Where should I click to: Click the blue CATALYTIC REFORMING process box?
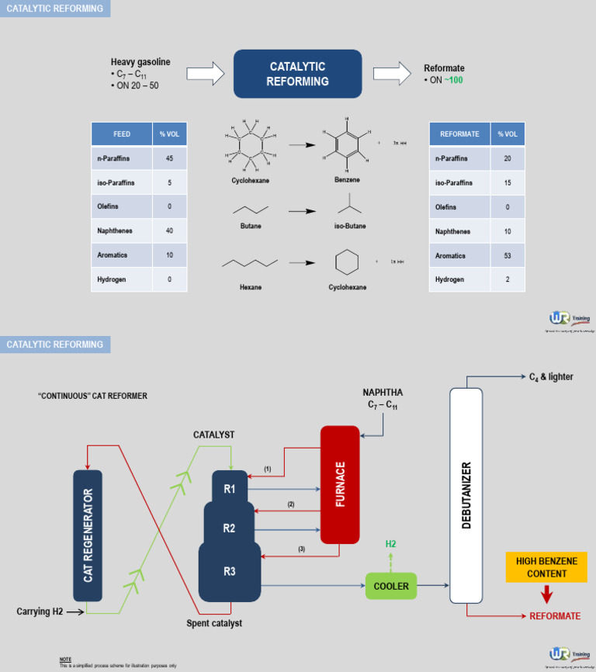(x=297, y=74)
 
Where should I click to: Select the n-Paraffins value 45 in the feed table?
(x=169, y=158)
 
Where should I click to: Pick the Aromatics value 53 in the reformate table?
(x=508, y=255)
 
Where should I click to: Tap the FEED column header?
(x=122, y=134)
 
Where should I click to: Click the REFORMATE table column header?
(x=459, y=134)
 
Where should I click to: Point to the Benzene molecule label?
(x=347, y=179)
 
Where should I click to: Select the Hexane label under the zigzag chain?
(x=251, y=287)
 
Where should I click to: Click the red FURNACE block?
(x=340, y=484)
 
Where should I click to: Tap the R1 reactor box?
(x=230, y=488)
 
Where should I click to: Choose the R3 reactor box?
(x=230, y=572)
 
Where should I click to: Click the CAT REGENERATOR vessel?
(x=88, y=535)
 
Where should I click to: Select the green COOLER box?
(x=391, y=586)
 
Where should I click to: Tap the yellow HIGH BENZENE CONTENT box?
(x=546, y=567)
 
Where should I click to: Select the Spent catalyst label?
(x=214, y=623)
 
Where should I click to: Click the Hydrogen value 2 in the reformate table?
(x=508, y=279)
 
